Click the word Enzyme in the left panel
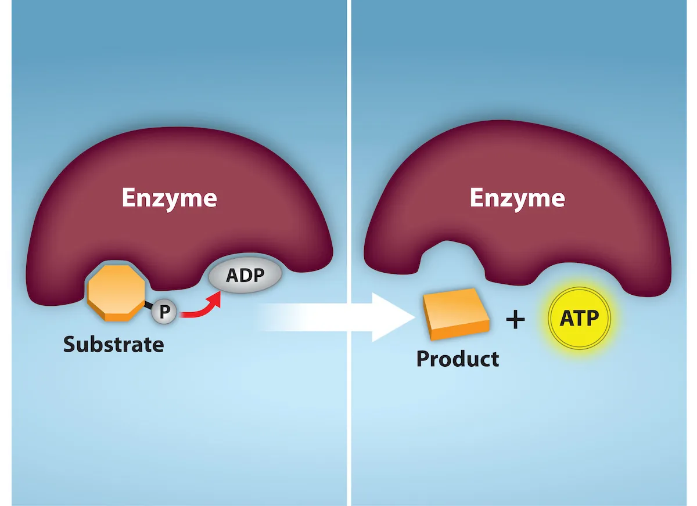tap(169, 198)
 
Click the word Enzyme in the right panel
tap(517, 198)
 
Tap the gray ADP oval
tap(245, 275)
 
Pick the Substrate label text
tap(114, 345)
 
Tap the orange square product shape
tap(455, 314)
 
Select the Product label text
tap(458, 359)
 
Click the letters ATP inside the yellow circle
tap(579, 318)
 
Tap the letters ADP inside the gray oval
tap(245, 275)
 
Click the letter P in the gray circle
tap(164, 313)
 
